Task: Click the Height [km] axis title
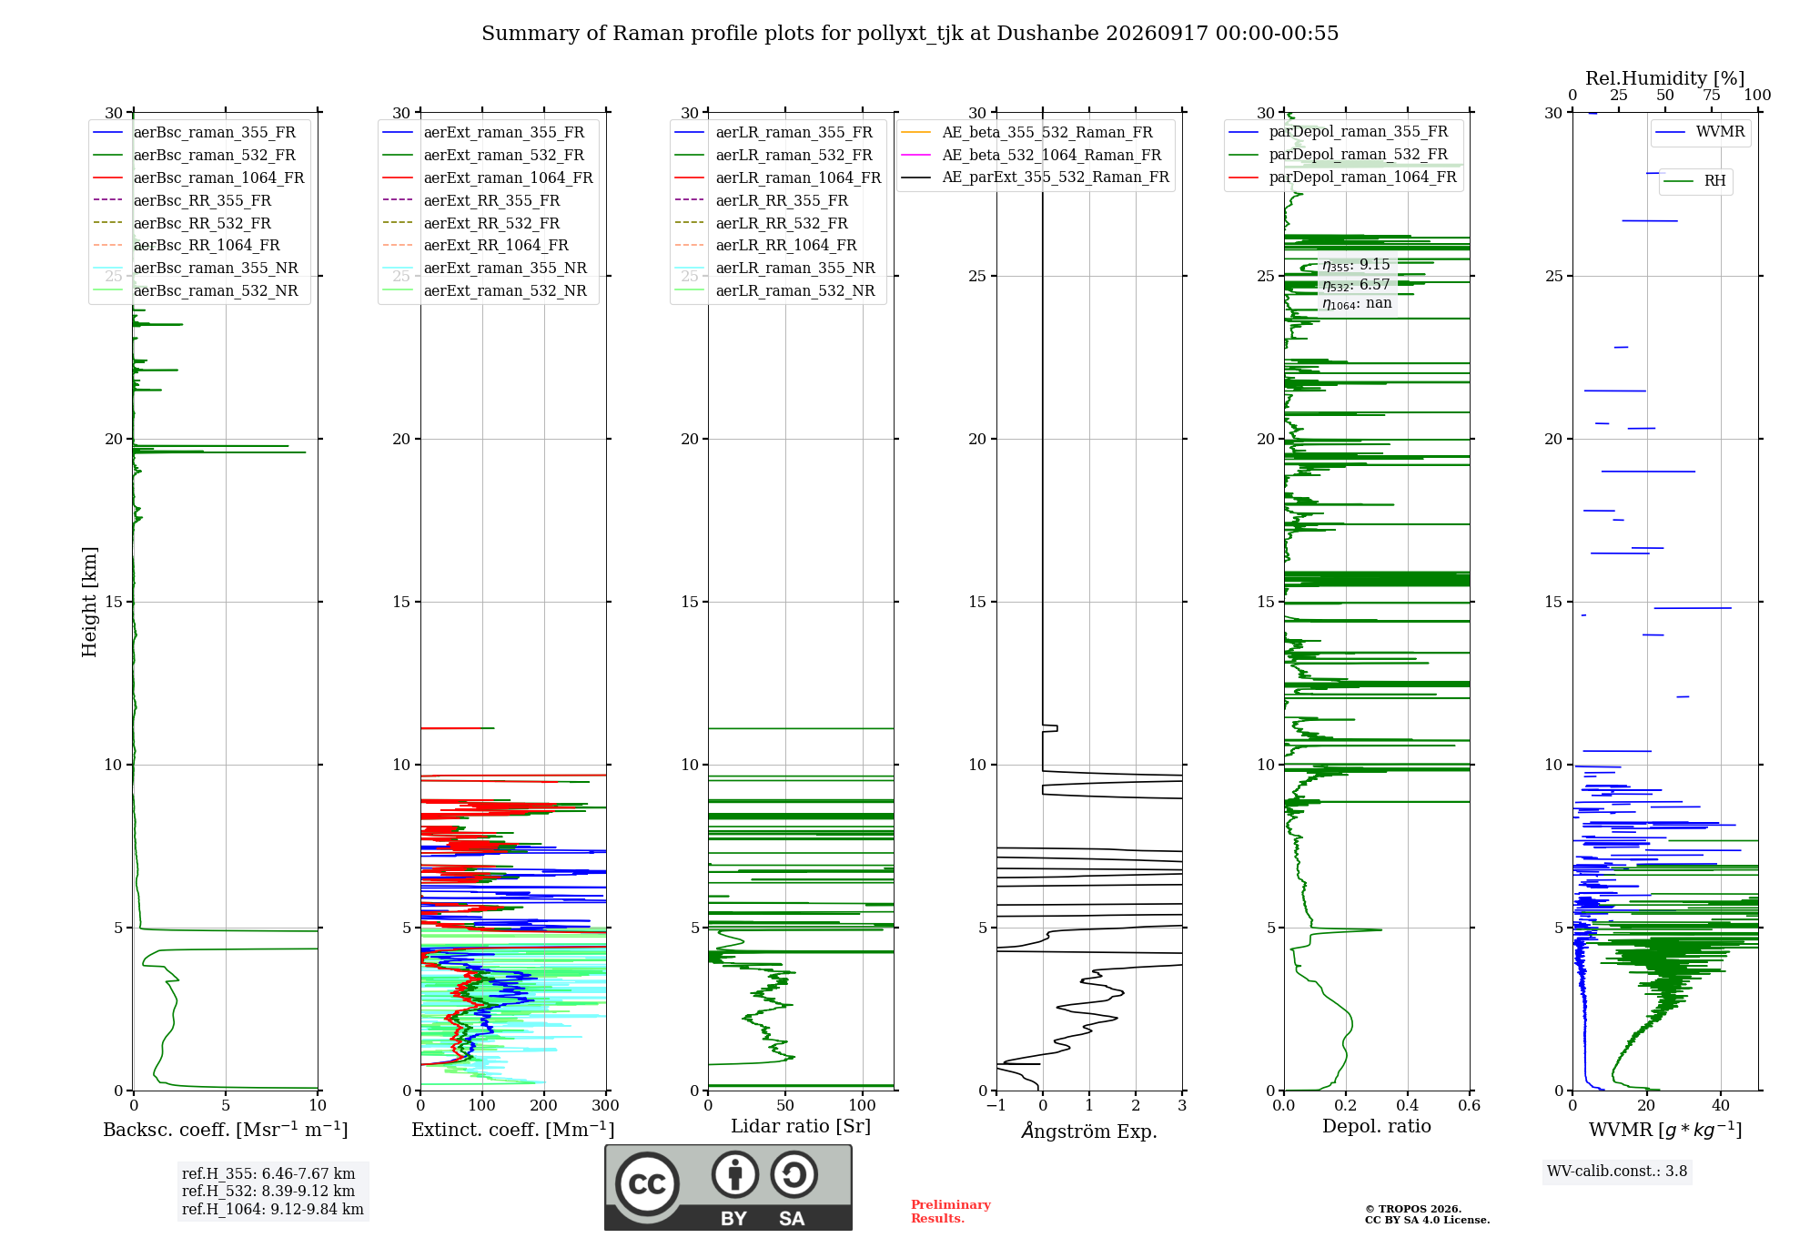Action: pyautogui.click(x=89, y=602)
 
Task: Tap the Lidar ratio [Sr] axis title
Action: pyautogui.click(x=801, y=1126)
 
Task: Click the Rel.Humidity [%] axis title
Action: pyautogui.click(x=1665, y=78)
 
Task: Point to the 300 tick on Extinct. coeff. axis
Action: pyautogui.click(x=605, y=1106)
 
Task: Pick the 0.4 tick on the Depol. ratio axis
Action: pyautogui.click(x=1407, y=1106)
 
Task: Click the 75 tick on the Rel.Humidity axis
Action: pyautogui.click(x=1712, y=96)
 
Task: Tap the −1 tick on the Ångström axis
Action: pyautogui.click(x=996, y=1106)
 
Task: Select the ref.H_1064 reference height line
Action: pyautogui.click(x=273, y=1210)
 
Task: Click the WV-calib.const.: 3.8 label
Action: pyautogui.click(x=1617, y=1172)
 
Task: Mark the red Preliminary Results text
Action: pyautogui.click(x=951, y=1212)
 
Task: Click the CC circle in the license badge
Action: pyautogui.click(x=647, y=1184)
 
